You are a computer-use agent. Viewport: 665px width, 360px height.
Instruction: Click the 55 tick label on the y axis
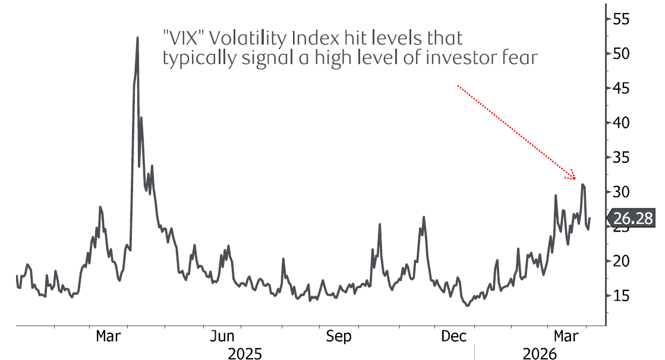tap(621, 18)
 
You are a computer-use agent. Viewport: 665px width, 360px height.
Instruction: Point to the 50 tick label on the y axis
tap(621, 53)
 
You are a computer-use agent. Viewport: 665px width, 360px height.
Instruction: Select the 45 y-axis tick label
tap(621, 88)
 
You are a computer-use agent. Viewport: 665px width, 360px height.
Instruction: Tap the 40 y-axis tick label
tap(621, 122)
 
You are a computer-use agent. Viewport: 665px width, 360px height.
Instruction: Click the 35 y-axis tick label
tap(621, 157)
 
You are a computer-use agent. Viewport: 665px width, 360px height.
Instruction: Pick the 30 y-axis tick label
tap(621, 192)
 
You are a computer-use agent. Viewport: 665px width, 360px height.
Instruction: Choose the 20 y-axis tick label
tap(621, 261)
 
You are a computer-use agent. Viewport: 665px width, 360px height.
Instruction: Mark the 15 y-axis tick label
tap(621, 295)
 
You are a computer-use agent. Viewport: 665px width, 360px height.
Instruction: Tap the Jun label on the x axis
tap(222, 336)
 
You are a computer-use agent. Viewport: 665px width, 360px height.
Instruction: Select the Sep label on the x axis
tap(338, 336)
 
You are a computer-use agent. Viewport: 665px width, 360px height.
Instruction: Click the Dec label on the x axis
tap(453, 336)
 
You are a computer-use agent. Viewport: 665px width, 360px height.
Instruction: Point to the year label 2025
tap(245, 354)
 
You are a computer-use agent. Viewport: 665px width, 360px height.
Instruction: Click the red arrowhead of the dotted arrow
tap(573, 176)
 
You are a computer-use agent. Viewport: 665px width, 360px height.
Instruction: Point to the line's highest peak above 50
tap(137, 37)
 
